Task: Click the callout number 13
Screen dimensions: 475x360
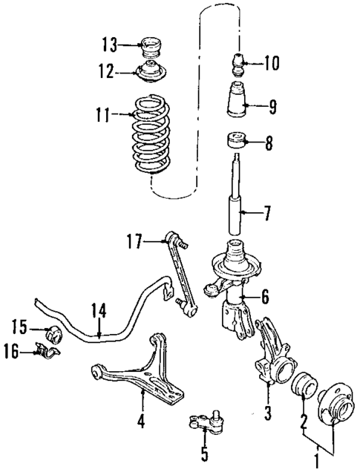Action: point(109,45)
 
